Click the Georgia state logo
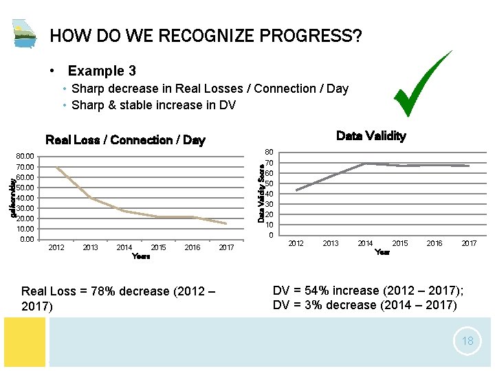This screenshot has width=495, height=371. (25, 34)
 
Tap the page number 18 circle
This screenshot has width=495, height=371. (467, 341)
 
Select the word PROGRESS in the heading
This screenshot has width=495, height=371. (308, 36)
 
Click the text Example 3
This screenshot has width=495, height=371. (102, 71)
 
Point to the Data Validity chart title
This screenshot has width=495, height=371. (371, 136)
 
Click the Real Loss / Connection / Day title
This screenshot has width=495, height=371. (124, 140)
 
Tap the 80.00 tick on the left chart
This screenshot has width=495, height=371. (25, 157)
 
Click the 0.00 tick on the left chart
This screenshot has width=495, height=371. (27, 239)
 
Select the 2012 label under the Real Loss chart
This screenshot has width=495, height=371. (56, 247)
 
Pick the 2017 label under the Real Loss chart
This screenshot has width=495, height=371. (226, 247)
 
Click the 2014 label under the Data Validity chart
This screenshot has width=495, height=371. (365, 243)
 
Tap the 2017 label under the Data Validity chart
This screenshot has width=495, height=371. (469, 243)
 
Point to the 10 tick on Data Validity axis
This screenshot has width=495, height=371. (270, 225)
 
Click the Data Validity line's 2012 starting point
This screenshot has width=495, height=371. (296, 190)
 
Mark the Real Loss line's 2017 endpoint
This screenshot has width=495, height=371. (226, 223)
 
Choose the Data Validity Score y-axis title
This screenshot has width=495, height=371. (261, 187)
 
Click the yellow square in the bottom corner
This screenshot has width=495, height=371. (23, 341)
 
